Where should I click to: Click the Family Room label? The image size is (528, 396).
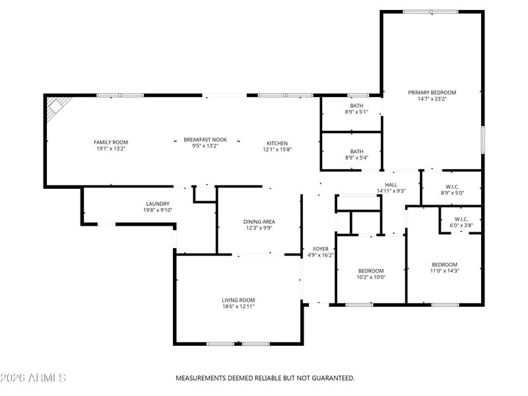point(111,143)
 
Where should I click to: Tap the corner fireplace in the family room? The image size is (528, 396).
point(57,107)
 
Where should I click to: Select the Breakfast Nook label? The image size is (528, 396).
point(205,140)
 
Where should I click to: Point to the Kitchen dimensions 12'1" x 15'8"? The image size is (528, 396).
point(277,150)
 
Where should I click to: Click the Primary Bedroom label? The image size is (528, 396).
point(432,92)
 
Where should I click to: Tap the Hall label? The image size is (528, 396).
point(391,185)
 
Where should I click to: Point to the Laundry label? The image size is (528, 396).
point(158,204)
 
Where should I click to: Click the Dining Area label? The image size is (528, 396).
point(259,222)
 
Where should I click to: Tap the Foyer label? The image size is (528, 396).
point(321,249)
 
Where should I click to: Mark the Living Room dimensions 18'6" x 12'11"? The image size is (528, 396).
point(238,306)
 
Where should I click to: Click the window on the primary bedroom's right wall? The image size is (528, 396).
point(482,140)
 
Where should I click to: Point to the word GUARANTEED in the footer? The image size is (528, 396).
point(333,378)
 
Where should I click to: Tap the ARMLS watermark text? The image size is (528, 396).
point(47,378)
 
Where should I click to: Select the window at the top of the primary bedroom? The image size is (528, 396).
point(431,12)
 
